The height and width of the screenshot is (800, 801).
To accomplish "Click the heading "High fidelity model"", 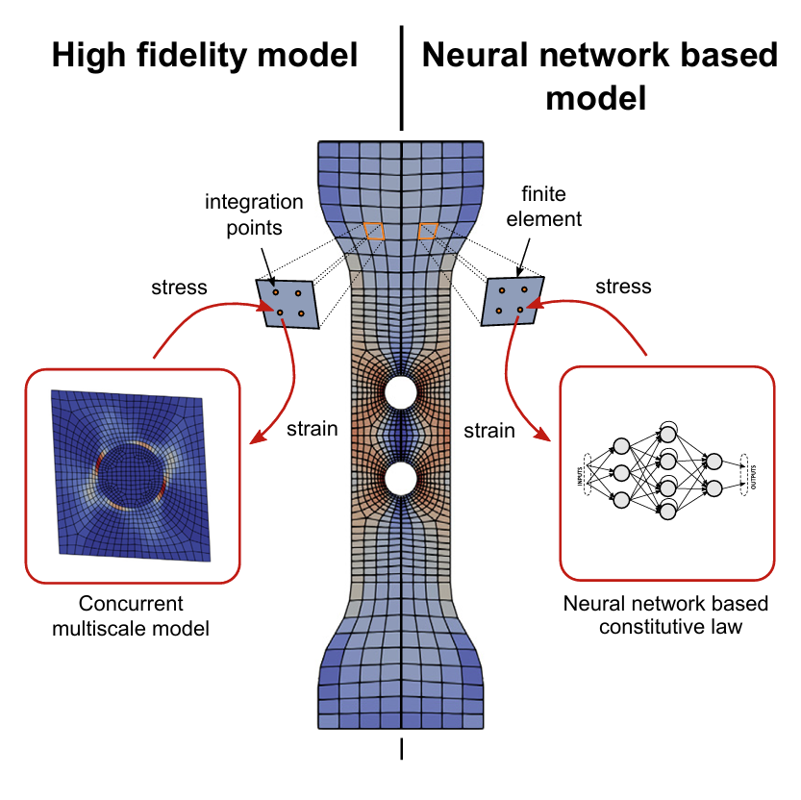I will (x=205, y=56).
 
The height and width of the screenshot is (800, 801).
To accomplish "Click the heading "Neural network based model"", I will (x=600, y=76).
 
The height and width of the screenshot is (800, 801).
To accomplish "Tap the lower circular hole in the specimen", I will (x=400, y=477).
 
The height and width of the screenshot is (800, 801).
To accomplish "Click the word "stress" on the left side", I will (x=180, y=287).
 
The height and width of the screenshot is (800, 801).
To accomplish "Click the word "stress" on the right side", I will (x=623, y=287).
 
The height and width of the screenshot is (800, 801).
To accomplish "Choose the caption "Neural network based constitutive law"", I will (x=666, y=616).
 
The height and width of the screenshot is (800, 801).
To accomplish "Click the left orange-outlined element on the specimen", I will (x=373, y=231).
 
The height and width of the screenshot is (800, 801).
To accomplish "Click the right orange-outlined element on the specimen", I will (x=428, y=231).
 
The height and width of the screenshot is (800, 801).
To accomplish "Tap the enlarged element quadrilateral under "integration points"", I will (x=287, y=302).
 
